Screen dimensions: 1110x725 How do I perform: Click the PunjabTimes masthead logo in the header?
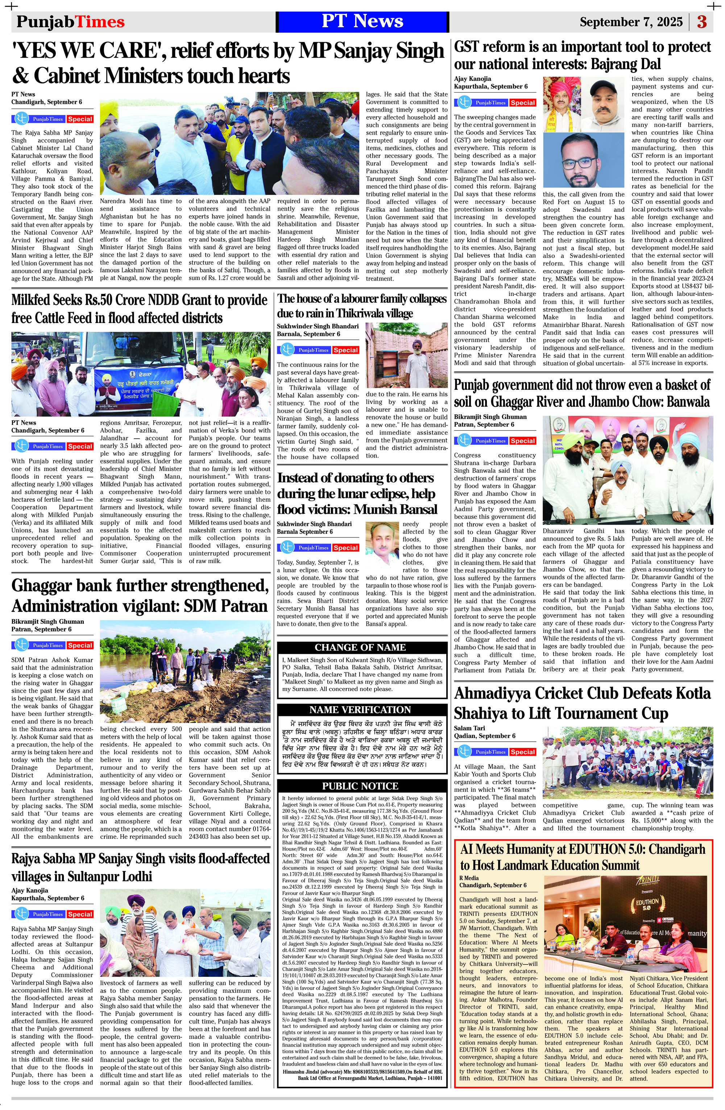click(x=70, y=22)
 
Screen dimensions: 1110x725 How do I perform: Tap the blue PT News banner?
click(x=362, y=21)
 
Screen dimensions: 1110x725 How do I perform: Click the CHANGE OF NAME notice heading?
click(x=360, y=647)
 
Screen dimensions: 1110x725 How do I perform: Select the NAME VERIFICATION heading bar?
click(x=360, y=710)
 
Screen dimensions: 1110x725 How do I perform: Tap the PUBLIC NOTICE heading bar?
click(x=360, y=786)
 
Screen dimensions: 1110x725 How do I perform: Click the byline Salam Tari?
click(x=470, y=728)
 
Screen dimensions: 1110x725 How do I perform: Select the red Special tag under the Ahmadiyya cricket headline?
click(x=522, y=752)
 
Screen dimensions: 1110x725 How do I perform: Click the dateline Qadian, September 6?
click(x=485, y=736)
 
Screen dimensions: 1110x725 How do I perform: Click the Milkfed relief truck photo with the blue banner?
click(x=140, y=374)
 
